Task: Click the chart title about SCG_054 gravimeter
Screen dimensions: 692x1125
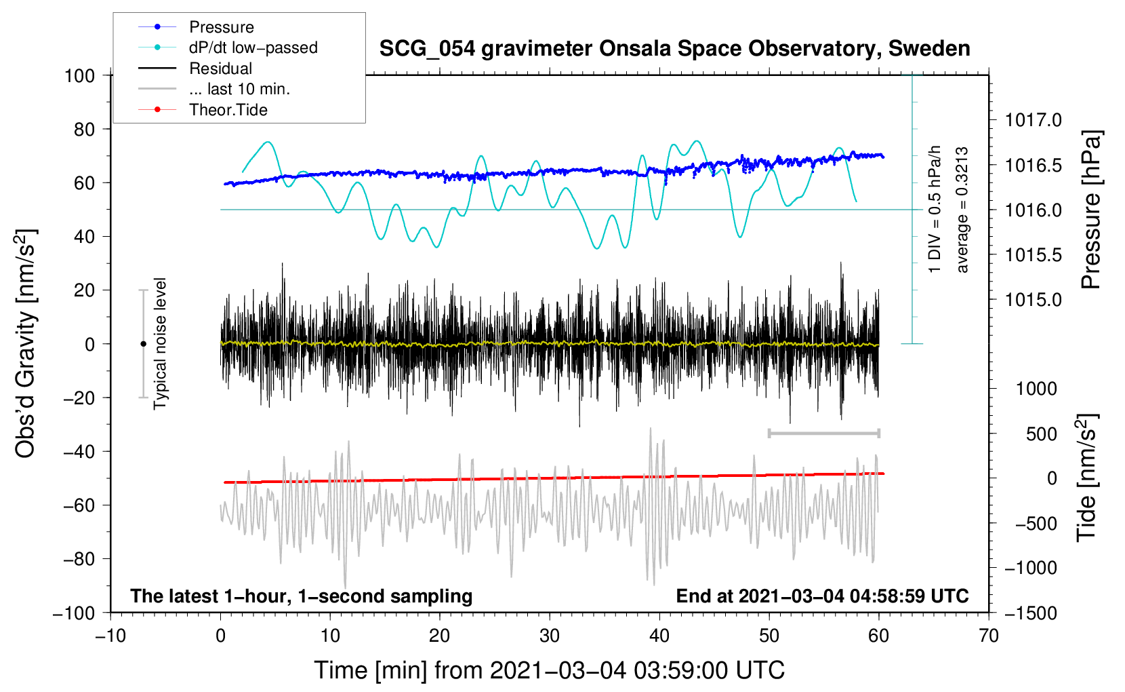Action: pyautogui.click(x=674, y=49)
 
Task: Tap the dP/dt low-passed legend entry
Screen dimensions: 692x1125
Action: pyautogui.click(x=253, y=47)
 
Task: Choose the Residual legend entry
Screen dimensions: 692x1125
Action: pyautogui.click(x=220, y=69)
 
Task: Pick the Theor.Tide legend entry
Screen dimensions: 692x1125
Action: pyautogui.click(x=228, y=110)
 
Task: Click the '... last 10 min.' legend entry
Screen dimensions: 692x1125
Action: pyautogui.click(x=239, y=89)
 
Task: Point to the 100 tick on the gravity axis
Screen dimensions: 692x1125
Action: pyautogui.click(x=79, y=75)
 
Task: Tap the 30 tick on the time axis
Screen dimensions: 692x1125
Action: pyautogui.click(x=550, y=636)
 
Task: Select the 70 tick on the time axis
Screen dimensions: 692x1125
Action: pyautogui.click(x=989, y=636)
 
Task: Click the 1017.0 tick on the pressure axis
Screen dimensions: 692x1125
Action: pyautogui.click(x=1034, y=121)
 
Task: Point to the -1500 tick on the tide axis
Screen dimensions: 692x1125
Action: pyautogui.click(x=1030, y=613)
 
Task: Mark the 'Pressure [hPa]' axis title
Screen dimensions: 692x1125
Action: pyautogui.click(x=1090, y=210)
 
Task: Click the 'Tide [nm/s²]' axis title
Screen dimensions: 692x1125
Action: pyautogui.click(x=1086, y=478)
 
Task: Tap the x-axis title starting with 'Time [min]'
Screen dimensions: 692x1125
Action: pyautogui.click(x=549, y=670)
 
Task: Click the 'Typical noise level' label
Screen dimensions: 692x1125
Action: pyautogui.click(x=160, y=344)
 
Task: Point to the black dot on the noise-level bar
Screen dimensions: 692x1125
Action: pyautogui.click(x=143, y=344)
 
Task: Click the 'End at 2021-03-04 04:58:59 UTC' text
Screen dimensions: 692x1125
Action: pyautogui.click(x=822, y=596)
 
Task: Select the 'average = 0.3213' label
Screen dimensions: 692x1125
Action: pyautogui.click(x=962, y=210)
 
